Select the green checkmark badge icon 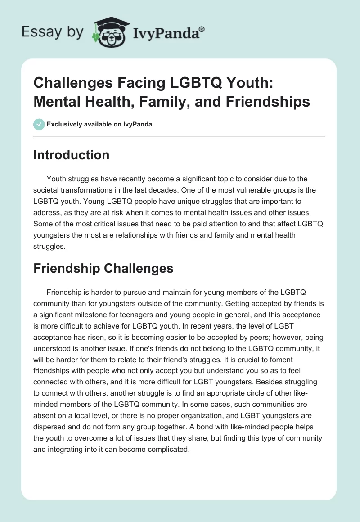coord(39,124)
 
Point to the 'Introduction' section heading coord(71,155)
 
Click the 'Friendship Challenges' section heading coord(103,268)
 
